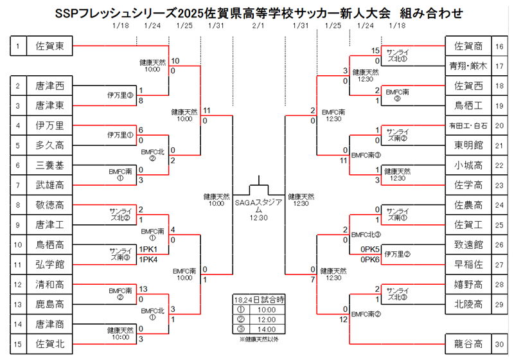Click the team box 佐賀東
click(50, 46)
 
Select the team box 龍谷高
click(468, 345)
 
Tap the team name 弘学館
click(50, 265)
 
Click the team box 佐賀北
click(50, 345)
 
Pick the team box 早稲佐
click(468, 265)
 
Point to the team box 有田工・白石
click(468, 125)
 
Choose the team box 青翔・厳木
click(468, 66)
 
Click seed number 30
click(499, 345)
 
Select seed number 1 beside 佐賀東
click(18, 46)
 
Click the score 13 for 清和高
click(143, 289)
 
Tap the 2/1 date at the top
click(258, 26)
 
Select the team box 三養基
click(50, 165)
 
